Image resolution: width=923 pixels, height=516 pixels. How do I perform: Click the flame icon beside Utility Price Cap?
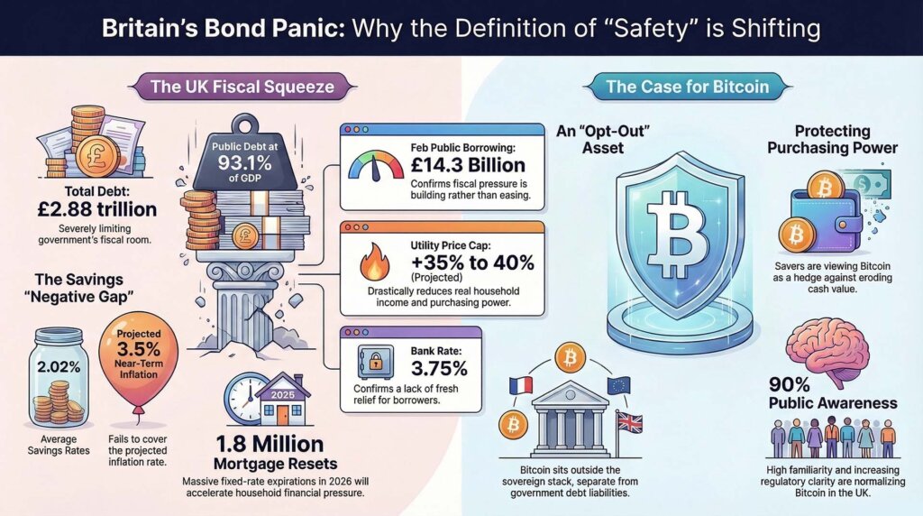pos(371,266)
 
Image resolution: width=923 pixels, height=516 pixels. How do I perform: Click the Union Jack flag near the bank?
pos(627,422)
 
